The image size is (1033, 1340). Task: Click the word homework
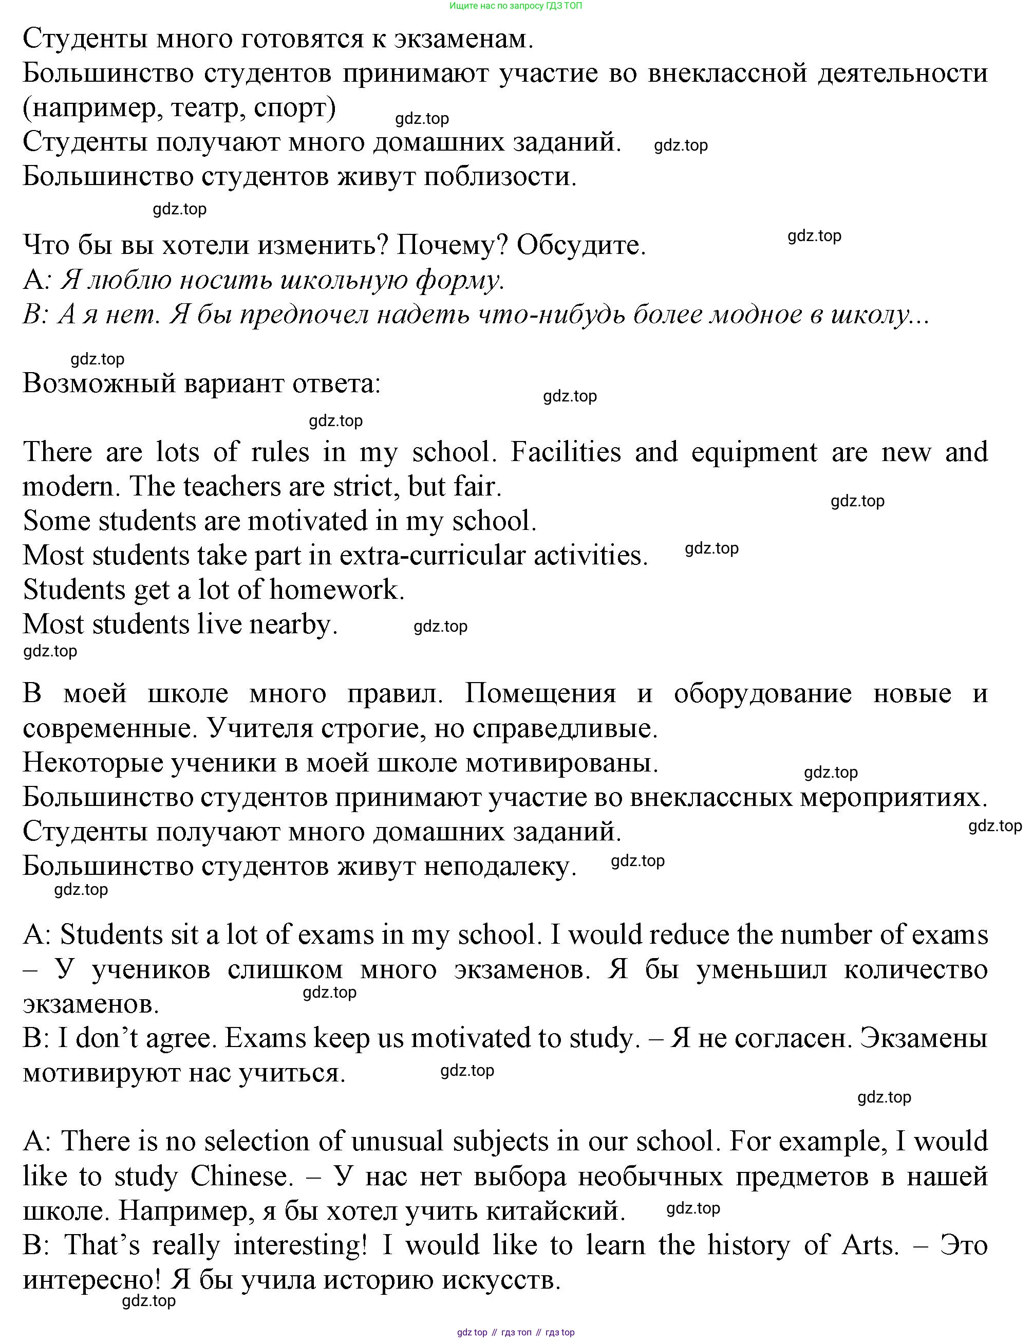(x=336, y=590)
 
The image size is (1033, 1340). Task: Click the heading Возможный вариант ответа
(x=202, y=383)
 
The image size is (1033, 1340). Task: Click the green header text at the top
(x=516, y=6)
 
